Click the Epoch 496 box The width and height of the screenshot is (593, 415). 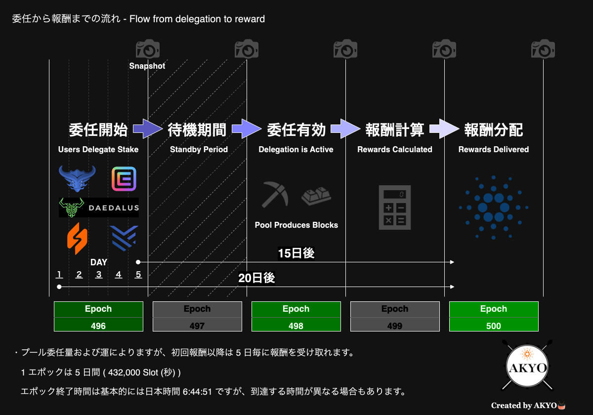click(x=98, y=316)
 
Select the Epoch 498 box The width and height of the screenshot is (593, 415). click(x=296, y=316)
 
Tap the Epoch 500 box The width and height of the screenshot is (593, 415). click(x=494, y=316)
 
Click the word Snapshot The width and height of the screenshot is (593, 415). click(x=147, y=66)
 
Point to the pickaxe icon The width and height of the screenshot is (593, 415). click(x=275, y=194)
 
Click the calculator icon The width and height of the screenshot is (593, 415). click(x=395, y=207)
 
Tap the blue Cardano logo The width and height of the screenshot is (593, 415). click(x=494, y=207)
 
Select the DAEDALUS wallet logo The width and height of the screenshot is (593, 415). click(x=99, y=207)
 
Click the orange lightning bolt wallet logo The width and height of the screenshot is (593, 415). click(x=77, y=239)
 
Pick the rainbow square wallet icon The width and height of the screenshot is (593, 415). click(x=124, y=179)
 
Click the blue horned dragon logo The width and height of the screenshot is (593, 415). click(x=77, y=179)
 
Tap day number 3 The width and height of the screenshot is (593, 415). click(x=99, y=275)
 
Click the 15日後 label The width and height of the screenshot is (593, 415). click(x=296, y=253)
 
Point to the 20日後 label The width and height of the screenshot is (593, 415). click(x=256, y=278)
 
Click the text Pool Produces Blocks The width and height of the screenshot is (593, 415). click(x=296, y=225)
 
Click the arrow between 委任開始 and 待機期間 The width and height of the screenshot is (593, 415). click(x=148, y=128)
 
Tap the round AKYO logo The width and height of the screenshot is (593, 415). click(x=527, y=366)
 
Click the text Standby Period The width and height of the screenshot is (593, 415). click(x=199, y=150)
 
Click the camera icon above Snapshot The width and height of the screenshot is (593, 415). click(x=148, y=49)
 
